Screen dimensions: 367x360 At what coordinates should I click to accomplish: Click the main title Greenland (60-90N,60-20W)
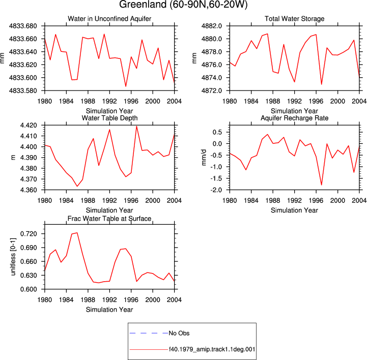point(183,5)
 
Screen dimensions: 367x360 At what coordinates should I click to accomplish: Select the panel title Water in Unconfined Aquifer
point(109,19)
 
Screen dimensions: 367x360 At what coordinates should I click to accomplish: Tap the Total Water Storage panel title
point(294,19)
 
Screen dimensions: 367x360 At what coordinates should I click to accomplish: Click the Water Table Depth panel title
point(109,118)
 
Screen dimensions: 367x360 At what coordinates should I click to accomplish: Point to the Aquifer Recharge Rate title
point(294,118)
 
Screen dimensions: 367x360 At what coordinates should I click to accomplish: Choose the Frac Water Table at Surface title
point(109,219)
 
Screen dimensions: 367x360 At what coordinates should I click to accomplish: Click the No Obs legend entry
point(179,333)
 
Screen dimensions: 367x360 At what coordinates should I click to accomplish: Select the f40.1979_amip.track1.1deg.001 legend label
point(212,349)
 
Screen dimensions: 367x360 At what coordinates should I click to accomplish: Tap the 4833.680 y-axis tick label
point(23,26)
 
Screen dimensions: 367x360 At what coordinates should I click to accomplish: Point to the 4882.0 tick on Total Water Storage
point(212,26)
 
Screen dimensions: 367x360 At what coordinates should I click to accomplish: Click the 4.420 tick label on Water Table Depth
point(29,126)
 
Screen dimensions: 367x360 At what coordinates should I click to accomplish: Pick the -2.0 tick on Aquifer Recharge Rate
point(216,190)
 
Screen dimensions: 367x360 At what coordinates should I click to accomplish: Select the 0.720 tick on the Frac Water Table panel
point(29,234)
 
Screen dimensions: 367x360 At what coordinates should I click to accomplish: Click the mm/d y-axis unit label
point(204,157)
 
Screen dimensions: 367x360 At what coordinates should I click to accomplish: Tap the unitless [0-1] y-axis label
point(13,257)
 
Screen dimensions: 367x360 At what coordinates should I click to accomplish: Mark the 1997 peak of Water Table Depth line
point(136,126)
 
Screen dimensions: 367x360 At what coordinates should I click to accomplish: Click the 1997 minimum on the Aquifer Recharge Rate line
point(321,185)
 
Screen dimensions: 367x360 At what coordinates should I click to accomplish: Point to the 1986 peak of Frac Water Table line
point(77,233)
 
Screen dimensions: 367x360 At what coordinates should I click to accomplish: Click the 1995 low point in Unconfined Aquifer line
point(126,86)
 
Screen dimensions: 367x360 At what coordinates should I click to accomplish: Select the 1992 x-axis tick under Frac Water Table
point(109,300)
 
